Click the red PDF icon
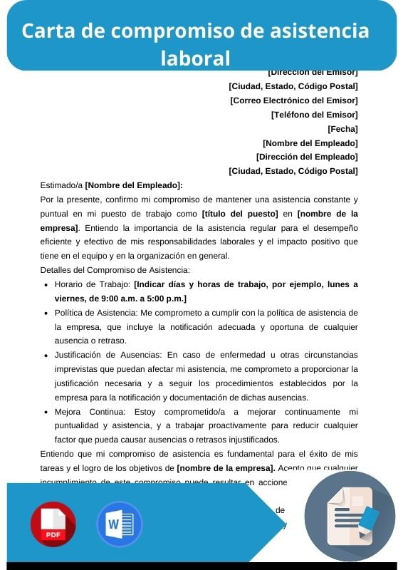click(x=53, y=524)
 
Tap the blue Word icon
click(x=119, y=524)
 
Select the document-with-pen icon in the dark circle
click(x=350, y=516)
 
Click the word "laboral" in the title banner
click(x=196, y=57)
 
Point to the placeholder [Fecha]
click(x=342, y=129)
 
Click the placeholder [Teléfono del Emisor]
click(x=314, y=115)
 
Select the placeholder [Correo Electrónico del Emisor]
click(x=293, y=100)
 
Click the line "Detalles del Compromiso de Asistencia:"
click(x=115, y=270)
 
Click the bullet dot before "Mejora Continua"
click(x=46, y=412)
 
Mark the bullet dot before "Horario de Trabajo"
click(x=46, y=284)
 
